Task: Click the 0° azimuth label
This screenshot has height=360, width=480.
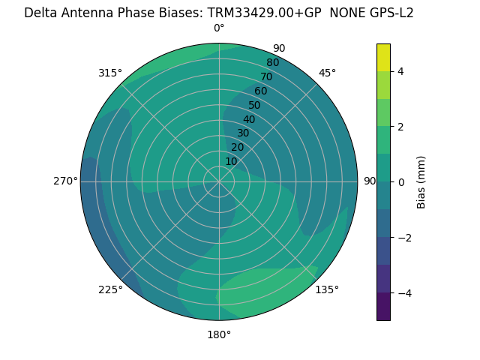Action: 219,28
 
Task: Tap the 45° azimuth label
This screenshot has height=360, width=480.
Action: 327,73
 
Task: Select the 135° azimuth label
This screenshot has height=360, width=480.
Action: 327,289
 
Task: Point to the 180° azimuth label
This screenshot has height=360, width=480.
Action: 219,334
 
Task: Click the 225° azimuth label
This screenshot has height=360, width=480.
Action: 110,289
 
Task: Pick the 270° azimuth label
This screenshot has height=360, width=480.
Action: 65,181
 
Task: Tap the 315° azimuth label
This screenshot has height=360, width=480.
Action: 110,73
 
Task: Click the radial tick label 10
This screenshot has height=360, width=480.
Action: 231,161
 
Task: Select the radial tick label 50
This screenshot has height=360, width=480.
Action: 254,105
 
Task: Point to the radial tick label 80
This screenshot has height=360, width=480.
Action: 272,63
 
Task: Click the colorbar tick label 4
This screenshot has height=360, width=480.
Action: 401,71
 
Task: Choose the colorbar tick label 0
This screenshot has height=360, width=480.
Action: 401,181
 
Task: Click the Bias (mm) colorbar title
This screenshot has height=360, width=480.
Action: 421,181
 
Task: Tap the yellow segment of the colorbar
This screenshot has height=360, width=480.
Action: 383,57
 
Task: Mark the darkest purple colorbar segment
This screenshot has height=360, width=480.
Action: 383,306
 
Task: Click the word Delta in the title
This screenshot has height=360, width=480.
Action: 41,13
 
